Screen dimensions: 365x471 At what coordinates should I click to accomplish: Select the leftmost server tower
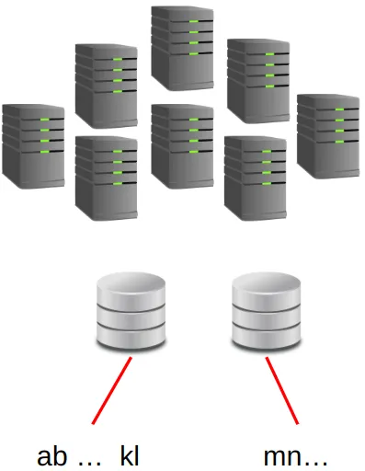click(34, 145)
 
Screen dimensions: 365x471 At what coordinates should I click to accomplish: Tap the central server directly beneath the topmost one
click(182, 145)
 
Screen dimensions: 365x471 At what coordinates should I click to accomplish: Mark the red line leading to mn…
click(283, 390)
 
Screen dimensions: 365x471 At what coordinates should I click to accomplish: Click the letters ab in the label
click(51, 455)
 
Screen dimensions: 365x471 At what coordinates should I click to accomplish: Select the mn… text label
click(295, 456)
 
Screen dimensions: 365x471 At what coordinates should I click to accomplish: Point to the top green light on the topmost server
click(190, 19)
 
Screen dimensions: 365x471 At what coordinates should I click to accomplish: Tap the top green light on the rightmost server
click(338, 109)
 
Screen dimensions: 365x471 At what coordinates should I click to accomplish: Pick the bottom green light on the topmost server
click(190, 53)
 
